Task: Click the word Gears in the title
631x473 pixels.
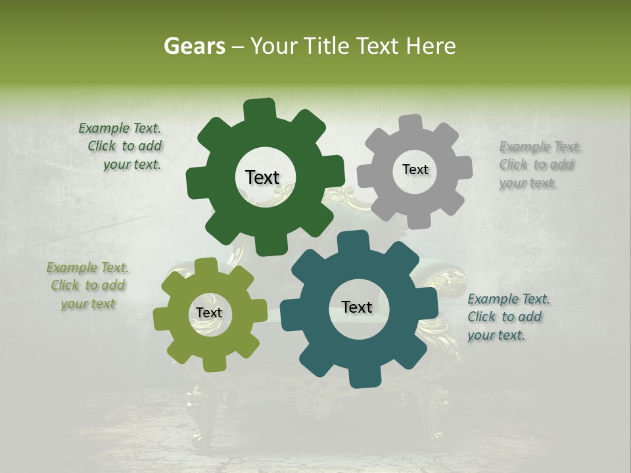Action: [194, 46]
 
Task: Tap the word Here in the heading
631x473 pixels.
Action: [431, 46]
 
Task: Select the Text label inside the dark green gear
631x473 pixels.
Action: [262, 177]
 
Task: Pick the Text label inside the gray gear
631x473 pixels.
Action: [415, 169]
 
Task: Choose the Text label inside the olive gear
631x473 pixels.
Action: [208, 313]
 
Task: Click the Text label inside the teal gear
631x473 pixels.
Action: [356, 307]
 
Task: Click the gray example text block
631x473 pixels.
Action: [539, 164]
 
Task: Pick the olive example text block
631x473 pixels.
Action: [87, 286]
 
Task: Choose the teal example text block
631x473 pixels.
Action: [507, 317]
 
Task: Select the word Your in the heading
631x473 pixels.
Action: [275, 46]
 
